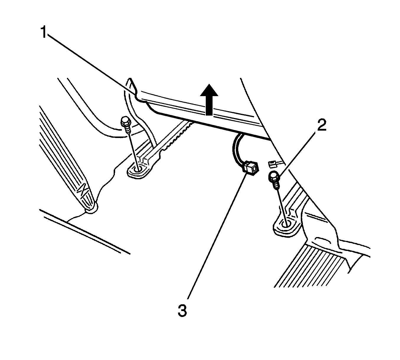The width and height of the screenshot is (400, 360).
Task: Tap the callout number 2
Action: coord(321,126)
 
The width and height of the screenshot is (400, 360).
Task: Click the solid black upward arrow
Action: coord(209,99)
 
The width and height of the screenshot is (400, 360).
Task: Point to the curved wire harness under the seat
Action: coord(236,147)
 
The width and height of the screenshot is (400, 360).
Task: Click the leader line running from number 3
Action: coord(215,236)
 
